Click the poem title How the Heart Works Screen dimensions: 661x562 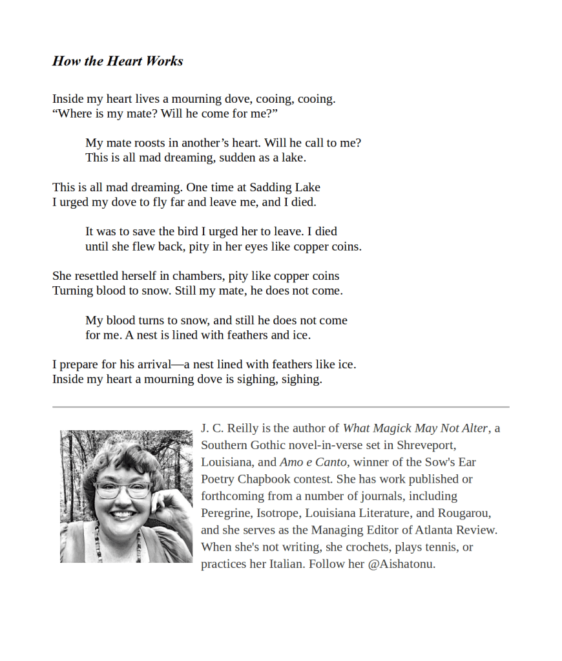point(118,61)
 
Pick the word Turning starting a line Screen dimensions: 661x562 point(73,291)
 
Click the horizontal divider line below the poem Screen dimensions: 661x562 point(280,407)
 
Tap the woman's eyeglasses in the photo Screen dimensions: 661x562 point(123,490)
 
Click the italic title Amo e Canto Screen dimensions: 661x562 point(313,463)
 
